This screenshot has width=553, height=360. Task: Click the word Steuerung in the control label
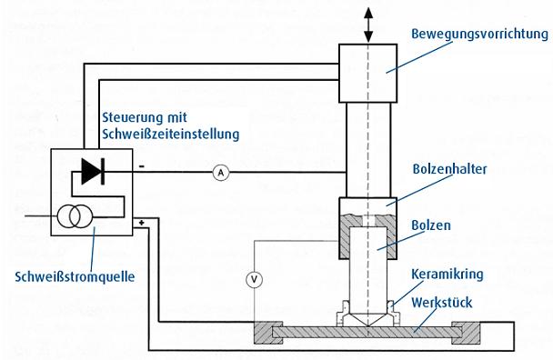point(126,116)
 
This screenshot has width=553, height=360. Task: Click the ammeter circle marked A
point(220,172)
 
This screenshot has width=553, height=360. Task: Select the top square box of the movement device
point(367,72)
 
